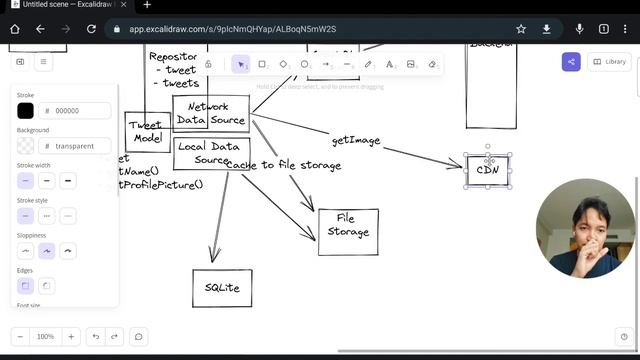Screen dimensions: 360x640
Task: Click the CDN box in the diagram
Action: pyautogui.click(x=488, y=171)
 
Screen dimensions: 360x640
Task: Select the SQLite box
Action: pyautogui.click(x=222, y=288)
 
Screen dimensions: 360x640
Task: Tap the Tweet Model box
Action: pyautogui.click(x=146, y=131)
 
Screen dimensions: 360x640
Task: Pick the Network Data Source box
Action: pyautogui.click(x=210, y=113)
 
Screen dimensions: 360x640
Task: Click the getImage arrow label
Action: pyautogui.click(x=356, y=141)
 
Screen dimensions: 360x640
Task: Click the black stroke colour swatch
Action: pyautogui.click(x=25, y=111)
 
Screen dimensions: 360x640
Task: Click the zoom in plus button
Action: pyautogui.click(x=70, y=337)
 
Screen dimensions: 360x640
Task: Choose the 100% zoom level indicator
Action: pyautogui.click(x=45, y=337)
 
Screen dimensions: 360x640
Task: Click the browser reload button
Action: pyautogui.click(x=93, y=29)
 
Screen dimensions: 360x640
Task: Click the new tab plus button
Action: pyautogui.click(x=147, y=6)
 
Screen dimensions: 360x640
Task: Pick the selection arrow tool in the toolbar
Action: pyautogui.click(x=240, y=64)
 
